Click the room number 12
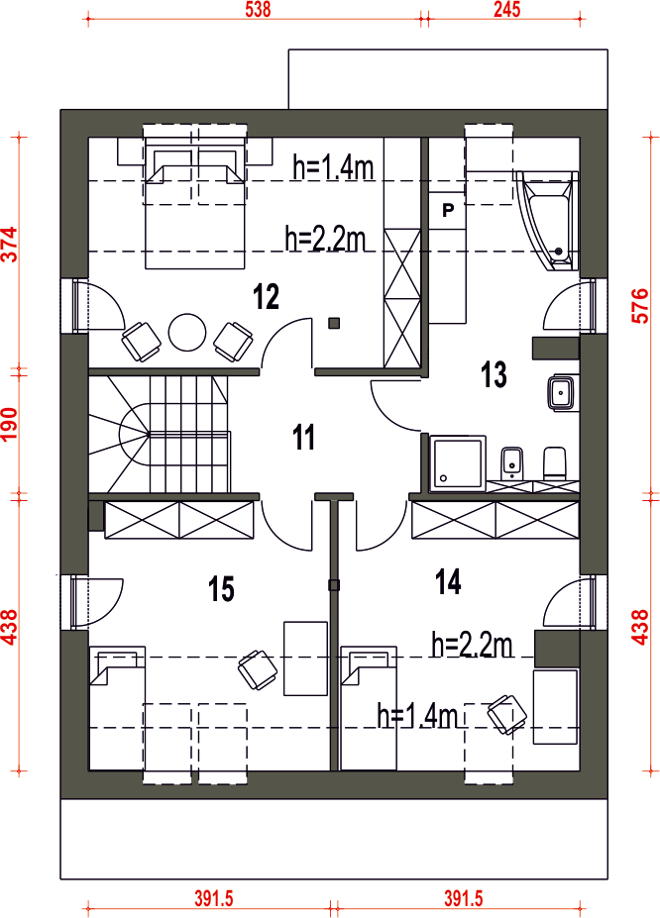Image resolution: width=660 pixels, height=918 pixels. point(266,296)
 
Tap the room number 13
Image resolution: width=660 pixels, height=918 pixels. point(494,374)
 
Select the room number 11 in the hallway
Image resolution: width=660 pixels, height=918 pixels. point(303,438)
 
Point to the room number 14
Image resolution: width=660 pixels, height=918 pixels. point(448,581)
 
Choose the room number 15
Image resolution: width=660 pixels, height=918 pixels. point(221,588)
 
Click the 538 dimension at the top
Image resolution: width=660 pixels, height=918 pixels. point(259,10)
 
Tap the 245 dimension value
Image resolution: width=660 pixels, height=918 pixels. point(506,10)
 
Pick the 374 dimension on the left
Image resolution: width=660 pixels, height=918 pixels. point(11,245)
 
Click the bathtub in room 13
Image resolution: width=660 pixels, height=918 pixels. point(548,221)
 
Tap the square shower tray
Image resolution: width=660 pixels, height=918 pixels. point(458,463)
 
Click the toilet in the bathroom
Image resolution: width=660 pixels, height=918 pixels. point(555,463)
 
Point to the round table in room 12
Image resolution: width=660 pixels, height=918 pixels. point(187,333)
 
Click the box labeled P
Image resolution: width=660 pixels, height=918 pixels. point(448,210)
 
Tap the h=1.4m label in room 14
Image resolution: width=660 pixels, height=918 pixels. point(417,715)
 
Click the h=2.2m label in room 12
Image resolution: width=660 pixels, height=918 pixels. point(326,239)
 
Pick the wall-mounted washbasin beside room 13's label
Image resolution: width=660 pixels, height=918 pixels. point(563,393)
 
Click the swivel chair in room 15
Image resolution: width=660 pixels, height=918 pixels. point(257,669)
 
